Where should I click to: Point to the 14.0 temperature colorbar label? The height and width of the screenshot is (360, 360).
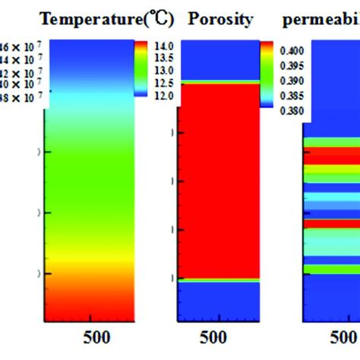point(165,46)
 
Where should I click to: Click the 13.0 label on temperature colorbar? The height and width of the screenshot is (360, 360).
point(165,70)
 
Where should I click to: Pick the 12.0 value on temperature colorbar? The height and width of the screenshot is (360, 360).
point(165,94)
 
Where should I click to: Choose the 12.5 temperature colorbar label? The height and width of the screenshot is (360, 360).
point(165,82)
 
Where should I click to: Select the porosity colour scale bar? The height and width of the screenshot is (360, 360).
point(266,74)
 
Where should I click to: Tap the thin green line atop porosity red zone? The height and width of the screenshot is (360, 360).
point(217,81)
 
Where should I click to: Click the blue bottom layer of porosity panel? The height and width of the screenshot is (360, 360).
point(217,304)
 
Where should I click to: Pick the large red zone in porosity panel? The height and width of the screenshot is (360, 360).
point(217,182)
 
